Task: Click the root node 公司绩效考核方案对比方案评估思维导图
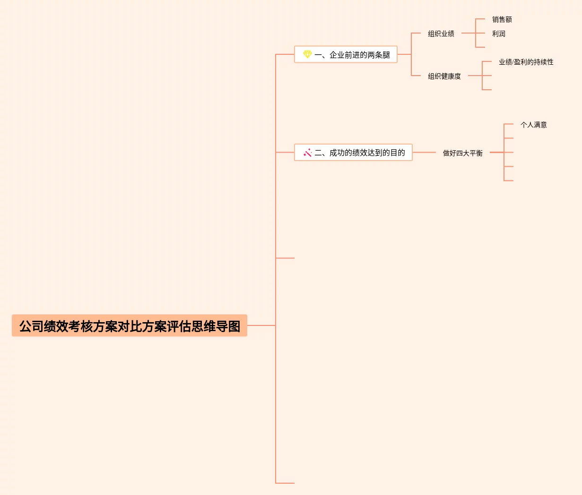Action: tap(130, 326)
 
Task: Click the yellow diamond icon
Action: tap(307, 54)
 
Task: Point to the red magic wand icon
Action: tap(307, 153)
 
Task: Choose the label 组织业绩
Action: tap(441, 34)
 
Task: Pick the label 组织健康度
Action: tap(444, 76)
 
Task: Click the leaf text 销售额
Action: tap(502, 19)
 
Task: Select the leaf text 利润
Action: tap(498, 34)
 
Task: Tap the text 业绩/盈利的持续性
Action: tap(526, 62)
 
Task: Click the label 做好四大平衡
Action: tap(462, 153)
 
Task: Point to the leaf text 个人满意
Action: tap(533, 125)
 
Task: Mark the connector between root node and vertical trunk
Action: tap(261, 325)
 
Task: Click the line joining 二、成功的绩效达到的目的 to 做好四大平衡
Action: tap(424, 153)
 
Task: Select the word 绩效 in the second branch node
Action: tap(360, 153)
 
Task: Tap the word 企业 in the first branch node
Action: tap(337, 55)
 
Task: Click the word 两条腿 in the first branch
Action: tap(379, 55)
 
